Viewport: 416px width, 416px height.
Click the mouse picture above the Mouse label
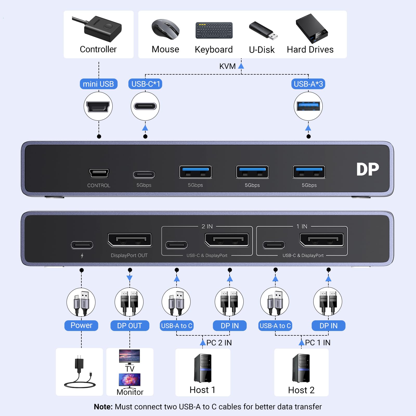[166, 29]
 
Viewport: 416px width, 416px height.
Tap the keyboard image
[214, 30]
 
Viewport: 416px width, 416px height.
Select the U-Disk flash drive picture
[263, 31]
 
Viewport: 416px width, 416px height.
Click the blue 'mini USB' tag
[99, 84]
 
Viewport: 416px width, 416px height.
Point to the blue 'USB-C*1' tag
[145, 84]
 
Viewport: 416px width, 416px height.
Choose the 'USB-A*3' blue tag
[308, 84]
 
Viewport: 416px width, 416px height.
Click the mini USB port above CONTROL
[99, 173]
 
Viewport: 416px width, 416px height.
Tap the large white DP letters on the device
[367, 170]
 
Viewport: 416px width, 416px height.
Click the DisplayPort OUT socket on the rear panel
[130, 240]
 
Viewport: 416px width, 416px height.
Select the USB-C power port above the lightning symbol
[82, 245]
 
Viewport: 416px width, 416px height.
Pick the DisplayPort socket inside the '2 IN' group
[227, 240]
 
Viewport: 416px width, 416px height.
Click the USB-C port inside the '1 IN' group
[274, 245]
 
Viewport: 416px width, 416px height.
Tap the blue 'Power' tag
[81, 326]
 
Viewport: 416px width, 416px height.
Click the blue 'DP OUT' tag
[130, 326]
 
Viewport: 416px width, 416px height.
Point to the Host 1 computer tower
[203, 368]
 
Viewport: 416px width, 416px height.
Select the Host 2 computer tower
[301, 368]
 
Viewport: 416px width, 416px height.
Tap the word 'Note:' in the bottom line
[103, 407]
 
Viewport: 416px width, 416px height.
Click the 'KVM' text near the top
[227, 66]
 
